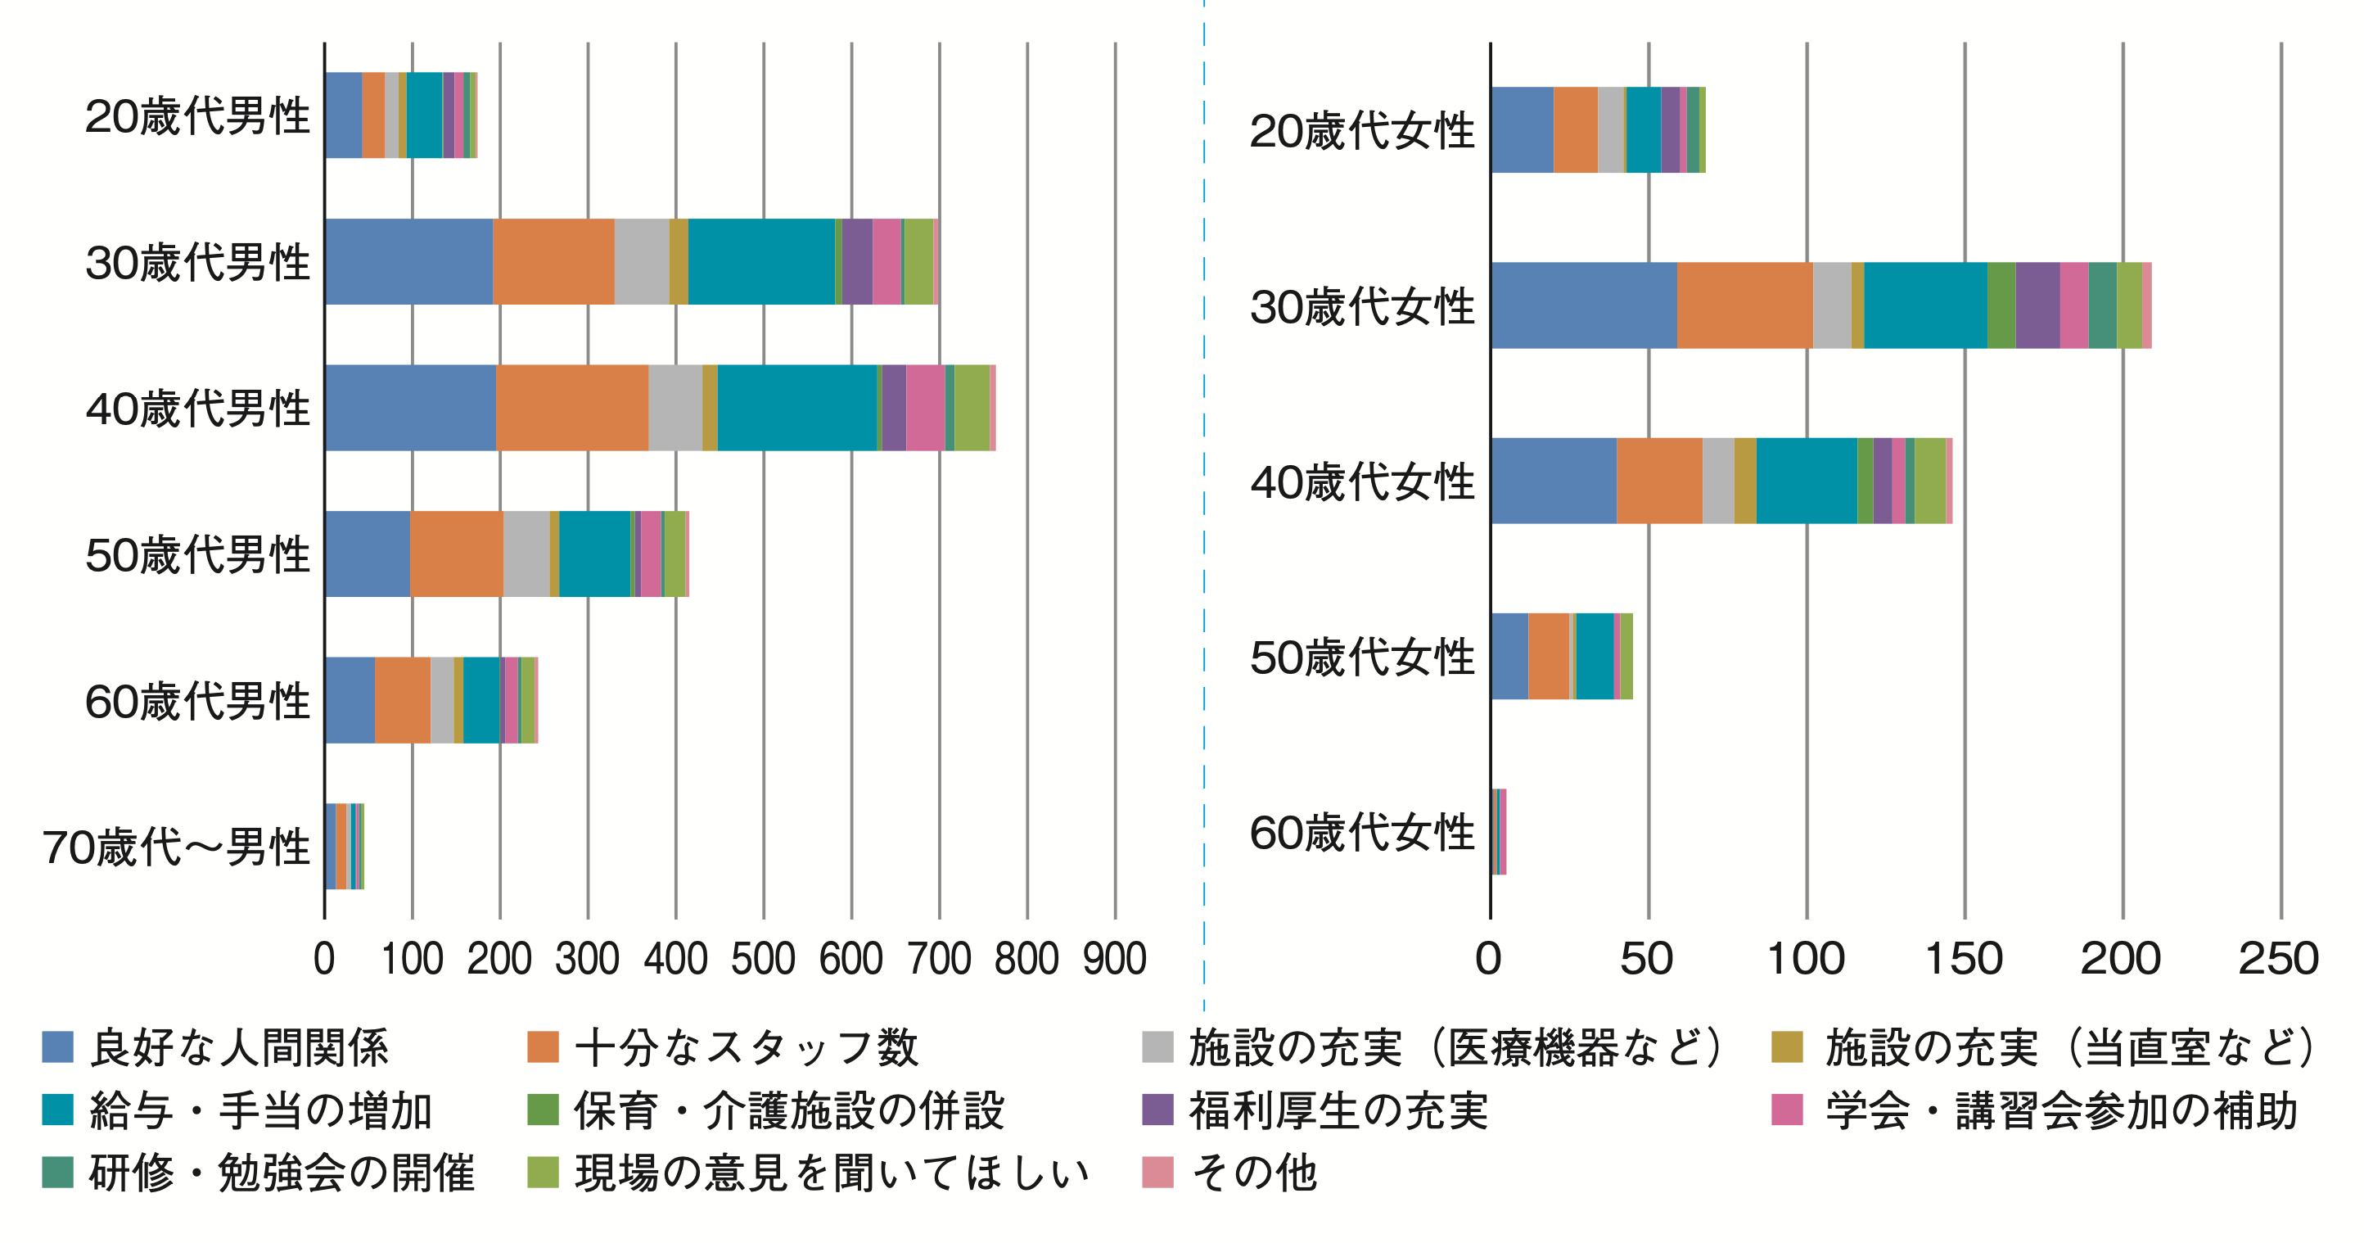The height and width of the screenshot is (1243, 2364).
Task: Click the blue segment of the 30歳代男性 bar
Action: pos(408,262)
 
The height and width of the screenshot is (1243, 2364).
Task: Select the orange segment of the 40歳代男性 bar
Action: pos(571,408)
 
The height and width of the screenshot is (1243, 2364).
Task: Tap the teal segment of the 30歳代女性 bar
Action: pos(1924,305)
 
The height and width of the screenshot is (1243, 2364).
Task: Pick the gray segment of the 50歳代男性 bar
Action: pos(526,554)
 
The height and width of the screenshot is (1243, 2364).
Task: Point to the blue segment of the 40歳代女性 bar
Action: pos(1553,481)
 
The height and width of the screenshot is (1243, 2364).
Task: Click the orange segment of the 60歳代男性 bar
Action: pos(402,700)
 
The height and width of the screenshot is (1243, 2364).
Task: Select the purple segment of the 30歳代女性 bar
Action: pos(2037,305)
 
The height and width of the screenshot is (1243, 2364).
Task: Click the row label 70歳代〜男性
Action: pos(176,847)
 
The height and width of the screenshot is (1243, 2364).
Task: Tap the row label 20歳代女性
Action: pos(1362,130)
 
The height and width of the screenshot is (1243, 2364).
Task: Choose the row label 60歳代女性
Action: pos(1362,833)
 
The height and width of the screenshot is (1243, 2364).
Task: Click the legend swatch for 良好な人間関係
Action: pos(58,1046)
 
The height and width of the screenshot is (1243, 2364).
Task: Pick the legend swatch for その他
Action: pos(1158,1173)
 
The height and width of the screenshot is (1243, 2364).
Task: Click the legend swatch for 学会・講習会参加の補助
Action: pos(1787,1110)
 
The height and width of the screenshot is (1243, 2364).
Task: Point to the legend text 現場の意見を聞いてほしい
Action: pos(832,1173)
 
